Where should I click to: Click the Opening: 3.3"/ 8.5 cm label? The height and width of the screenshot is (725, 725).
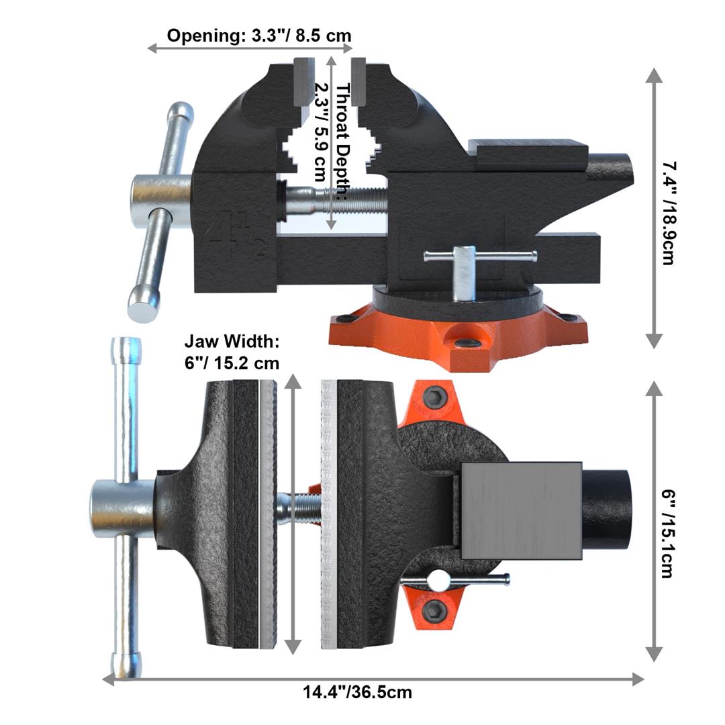(259, 36)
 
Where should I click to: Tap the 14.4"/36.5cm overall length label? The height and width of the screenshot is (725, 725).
(357, 691)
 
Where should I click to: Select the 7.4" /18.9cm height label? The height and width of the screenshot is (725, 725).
(667, 212)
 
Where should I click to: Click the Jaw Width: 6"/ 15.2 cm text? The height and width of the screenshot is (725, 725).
(232, 352)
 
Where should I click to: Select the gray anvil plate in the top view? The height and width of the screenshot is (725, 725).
(521, 511)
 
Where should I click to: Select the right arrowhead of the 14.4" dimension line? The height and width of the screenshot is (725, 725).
(638, 679)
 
